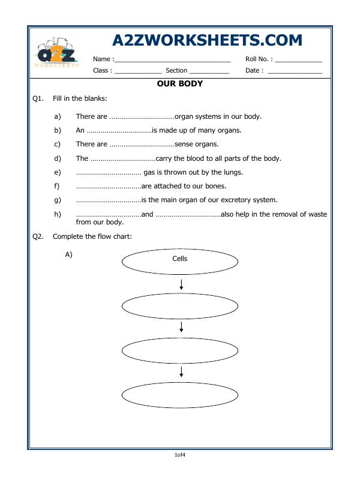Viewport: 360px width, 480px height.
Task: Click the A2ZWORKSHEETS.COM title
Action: coord(207,40)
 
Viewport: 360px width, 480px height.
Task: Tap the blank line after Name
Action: coord(172,60)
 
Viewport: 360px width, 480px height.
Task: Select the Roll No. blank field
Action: coord(299,60)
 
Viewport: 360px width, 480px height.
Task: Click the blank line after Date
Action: coord(295,71)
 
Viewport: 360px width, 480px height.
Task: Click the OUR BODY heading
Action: coord(179,84)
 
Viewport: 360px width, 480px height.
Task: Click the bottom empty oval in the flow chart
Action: coord(180,395)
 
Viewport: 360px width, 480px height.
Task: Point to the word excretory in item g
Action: coord(227,200)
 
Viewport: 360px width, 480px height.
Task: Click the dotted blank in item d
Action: coord(123,158)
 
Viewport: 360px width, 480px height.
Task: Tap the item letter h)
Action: coord(58,214)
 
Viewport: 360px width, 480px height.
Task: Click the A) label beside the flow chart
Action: coord(68,254)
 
